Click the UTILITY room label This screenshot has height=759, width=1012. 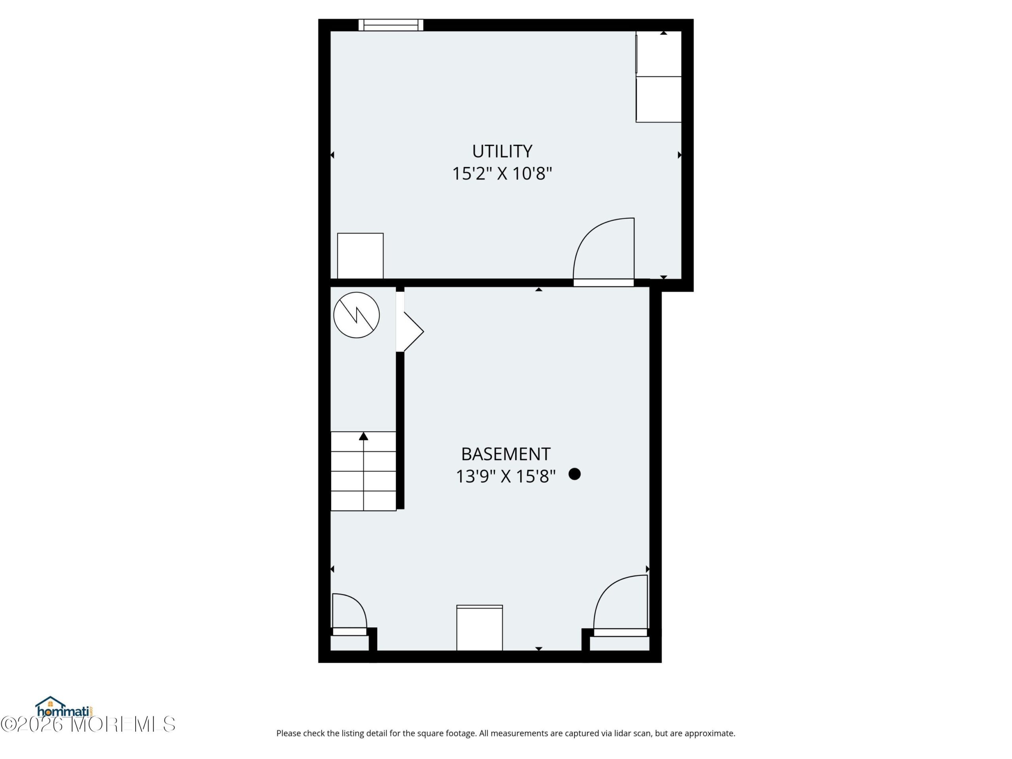click(502, 151)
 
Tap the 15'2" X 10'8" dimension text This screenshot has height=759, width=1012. click(502, 174)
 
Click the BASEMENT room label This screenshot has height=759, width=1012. click(506, 454)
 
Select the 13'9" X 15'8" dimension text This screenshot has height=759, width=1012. click(506, 477)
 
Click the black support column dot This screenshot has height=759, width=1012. click(575, 474)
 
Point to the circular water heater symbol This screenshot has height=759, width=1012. click(357, 315)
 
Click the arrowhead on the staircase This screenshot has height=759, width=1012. click(364, 436)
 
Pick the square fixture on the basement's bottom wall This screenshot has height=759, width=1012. click(480, 628)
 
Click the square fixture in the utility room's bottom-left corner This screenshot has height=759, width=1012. click(361, 256)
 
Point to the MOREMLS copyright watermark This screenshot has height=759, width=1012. click(88, 724)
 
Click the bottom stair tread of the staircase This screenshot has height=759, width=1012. click(364, 501)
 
